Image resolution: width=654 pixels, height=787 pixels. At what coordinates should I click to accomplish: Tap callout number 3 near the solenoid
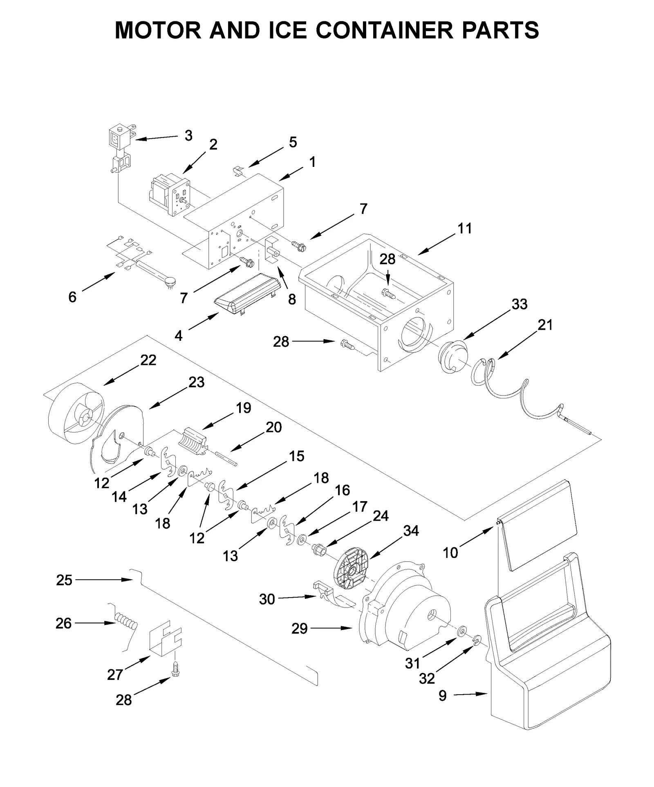[x=188, y=135]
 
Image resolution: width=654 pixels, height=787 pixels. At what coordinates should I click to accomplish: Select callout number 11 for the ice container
[x=464, y=228]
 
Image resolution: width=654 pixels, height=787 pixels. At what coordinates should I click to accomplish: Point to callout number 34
[x=411, y=531]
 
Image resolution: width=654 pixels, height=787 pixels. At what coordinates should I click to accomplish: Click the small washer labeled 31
[x=462, y=631]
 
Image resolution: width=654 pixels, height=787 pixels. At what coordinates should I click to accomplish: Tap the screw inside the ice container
[x=387, y=293]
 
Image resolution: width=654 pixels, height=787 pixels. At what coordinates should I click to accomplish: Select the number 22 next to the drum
[x=148, y=360]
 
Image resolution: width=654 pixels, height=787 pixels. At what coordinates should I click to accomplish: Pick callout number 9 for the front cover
[x=443, y=696]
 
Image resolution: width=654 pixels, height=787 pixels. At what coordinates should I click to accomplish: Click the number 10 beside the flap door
[x=450, y=553]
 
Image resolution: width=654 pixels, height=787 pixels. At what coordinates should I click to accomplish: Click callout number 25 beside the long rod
[x=64, y=580]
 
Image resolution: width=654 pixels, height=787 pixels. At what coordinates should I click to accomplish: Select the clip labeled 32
[x=476, y=641]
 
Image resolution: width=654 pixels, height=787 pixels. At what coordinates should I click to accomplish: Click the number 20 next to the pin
[x=273, y=427]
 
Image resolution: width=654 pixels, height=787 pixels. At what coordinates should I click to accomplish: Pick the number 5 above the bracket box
[x=293, y=142]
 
